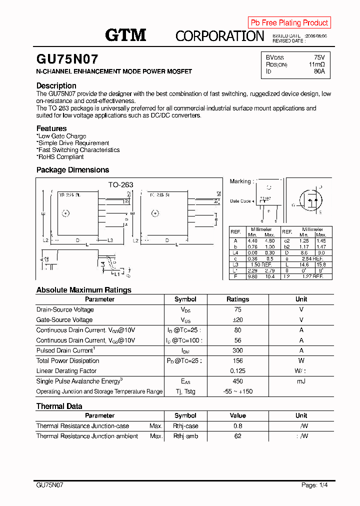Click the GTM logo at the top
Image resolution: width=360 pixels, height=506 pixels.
click(x=125, y=34)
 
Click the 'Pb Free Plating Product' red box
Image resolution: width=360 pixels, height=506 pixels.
click(x=289, y=22)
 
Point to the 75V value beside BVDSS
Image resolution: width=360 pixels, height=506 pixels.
click(x=319, y=57)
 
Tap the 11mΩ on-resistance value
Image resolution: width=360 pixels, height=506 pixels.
click(x=316, y=64)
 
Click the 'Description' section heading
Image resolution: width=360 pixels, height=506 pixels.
click(x=56, y=85)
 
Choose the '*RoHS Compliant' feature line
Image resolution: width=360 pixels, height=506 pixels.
click(x=60, y=156)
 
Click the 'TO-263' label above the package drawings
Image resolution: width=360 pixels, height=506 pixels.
click(x=120, y=184)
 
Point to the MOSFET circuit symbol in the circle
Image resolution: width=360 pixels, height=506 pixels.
click(x=309, y=199)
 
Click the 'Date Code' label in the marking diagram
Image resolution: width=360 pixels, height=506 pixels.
click(x=240, y=201)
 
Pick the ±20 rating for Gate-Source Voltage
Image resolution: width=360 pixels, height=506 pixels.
click(x=237, y=320)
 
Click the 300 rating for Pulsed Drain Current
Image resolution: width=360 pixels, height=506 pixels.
click(x=237, y=350)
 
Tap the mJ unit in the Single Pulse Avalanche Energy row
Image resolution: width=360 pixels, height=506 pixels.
click(x=301, y=381)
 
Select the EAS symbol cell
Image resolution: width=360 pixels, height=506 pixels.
click(x=185, y=381)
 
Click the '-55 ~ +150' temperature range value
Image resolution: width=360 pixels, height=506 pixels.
click(x=237, y=391)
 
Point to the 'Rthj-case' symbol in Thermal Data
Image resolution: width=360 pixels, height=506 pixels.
click(x=185, y=426)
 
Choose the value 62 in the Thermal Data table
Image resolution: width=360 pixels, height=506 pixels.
click(x=237, y=436)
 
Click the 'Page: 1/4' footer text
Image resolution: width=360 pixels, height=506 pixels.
click(x=314, y=485)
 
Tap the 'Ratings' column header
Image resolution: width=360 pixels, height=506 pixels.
click(x=237, y=299)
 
